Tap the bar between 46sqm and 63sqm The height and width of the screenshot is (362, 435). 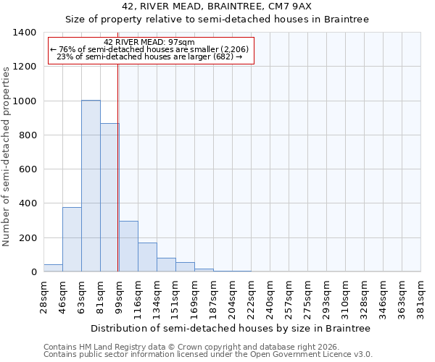click(x=72, y=240)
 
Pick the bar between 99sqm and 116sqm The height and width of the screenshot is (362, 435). click(x=128, y=247)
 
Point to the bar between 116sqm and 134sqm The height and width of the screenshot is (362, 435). click(x=147, y=258)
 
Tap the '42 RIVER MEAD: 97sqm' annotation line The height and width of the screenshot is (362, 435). click(x=149, y=43)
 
